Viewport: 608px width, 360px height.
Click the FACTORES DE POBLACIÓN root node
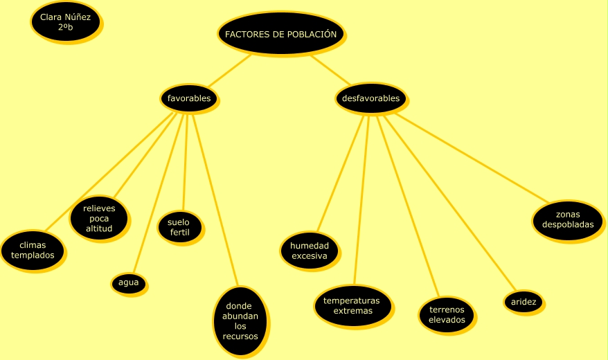280,33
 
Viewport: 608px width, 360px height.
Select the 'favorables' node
188,98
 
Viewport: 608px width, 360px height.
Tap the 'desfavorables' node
370,98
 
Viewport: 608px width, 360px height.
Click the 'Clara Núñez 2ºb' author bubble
65,21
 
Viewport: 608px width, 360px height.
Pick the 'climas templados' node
33,250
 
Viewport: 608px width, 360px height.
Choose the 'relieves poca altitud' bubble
99,218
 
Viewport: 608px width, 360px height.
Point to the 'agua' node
128,282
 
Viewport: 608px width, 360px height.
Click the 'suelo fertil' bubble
179,227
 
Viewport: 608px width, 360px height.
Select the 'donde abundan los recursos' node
240,321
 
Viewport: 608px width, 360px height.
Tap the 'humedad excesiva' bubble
309,251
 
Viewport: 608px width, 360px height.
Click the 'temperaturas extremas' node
352,305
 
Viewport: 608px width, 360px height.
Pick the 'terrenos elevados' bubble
447,314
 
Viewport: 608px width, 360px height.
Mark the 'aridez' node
523,302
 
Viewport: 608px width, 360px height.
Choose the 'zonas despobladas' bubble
567,220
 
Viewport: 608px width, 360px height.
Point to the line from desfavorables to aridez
450,204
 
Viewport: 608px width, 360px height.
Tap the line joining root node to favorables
230,70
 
